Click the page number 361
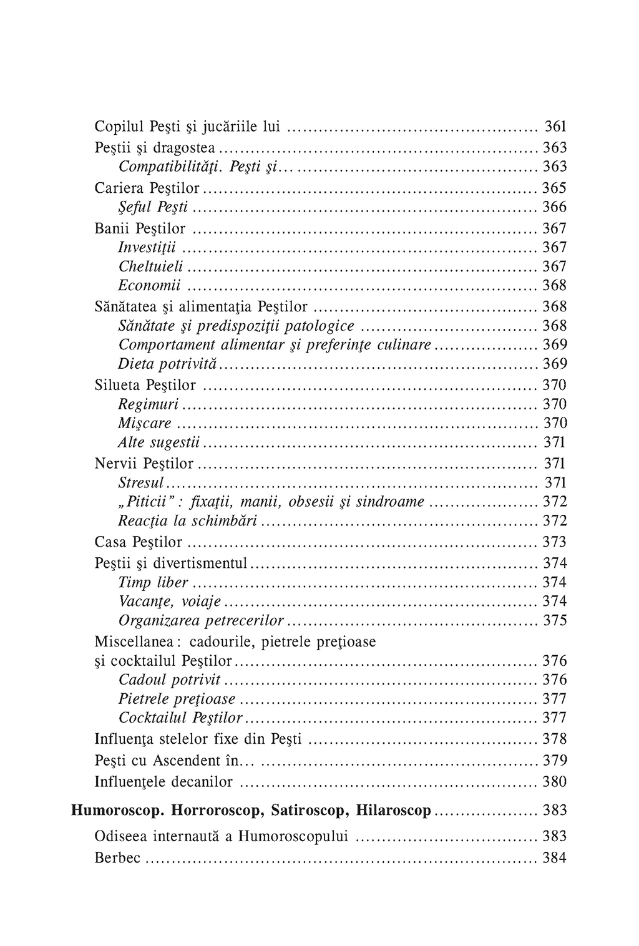(x=555, y=127)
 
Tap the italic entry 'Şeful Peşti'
(x=153, y=207)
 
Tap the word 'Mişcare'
(x=144, y=424)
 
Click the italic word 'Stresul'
(x=141, y=483)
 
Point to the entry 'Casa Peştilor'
(x=139, y=542)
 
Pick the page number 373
(x=555, y=542)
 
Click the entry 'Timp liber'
(x=153, y=583)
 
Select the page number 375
(x=555, y=621)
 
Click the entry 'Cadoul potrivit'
(x=170, y=680)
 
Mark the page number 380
(x=555, y=782)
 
